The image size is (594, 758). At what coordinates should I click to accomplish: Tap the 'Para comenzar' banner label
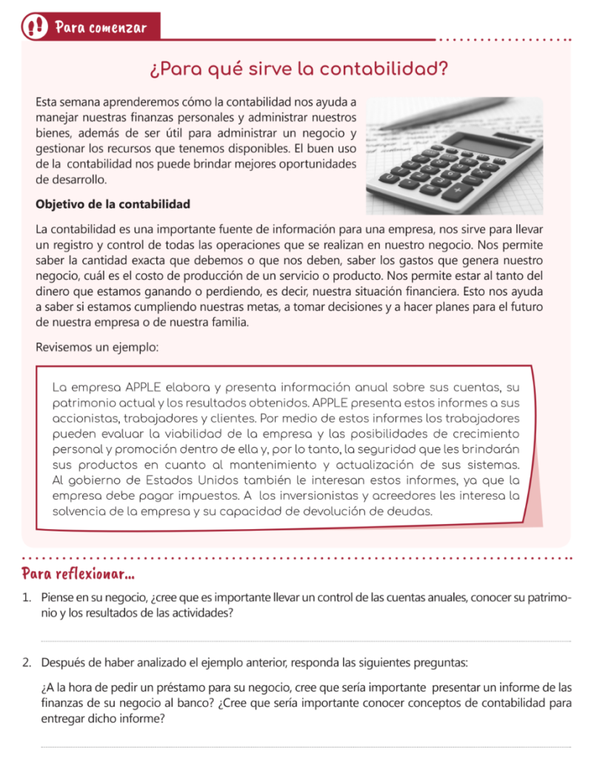tap(101, 28)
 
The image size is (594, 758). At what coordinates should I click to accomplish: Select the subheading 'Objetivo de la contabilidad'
tap(113, 204)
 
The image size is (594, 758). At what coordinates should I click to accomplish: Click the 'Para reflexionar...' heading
tap(79, 574)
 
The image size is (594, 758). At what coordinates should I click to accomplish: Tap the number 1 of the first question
tap(26, 597)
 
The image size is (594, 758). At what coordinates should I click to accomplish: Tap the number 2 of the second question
tap(26, 662)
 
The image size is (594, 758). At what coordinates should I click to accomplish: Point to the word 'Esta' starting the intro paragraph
tap(47, 102)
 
